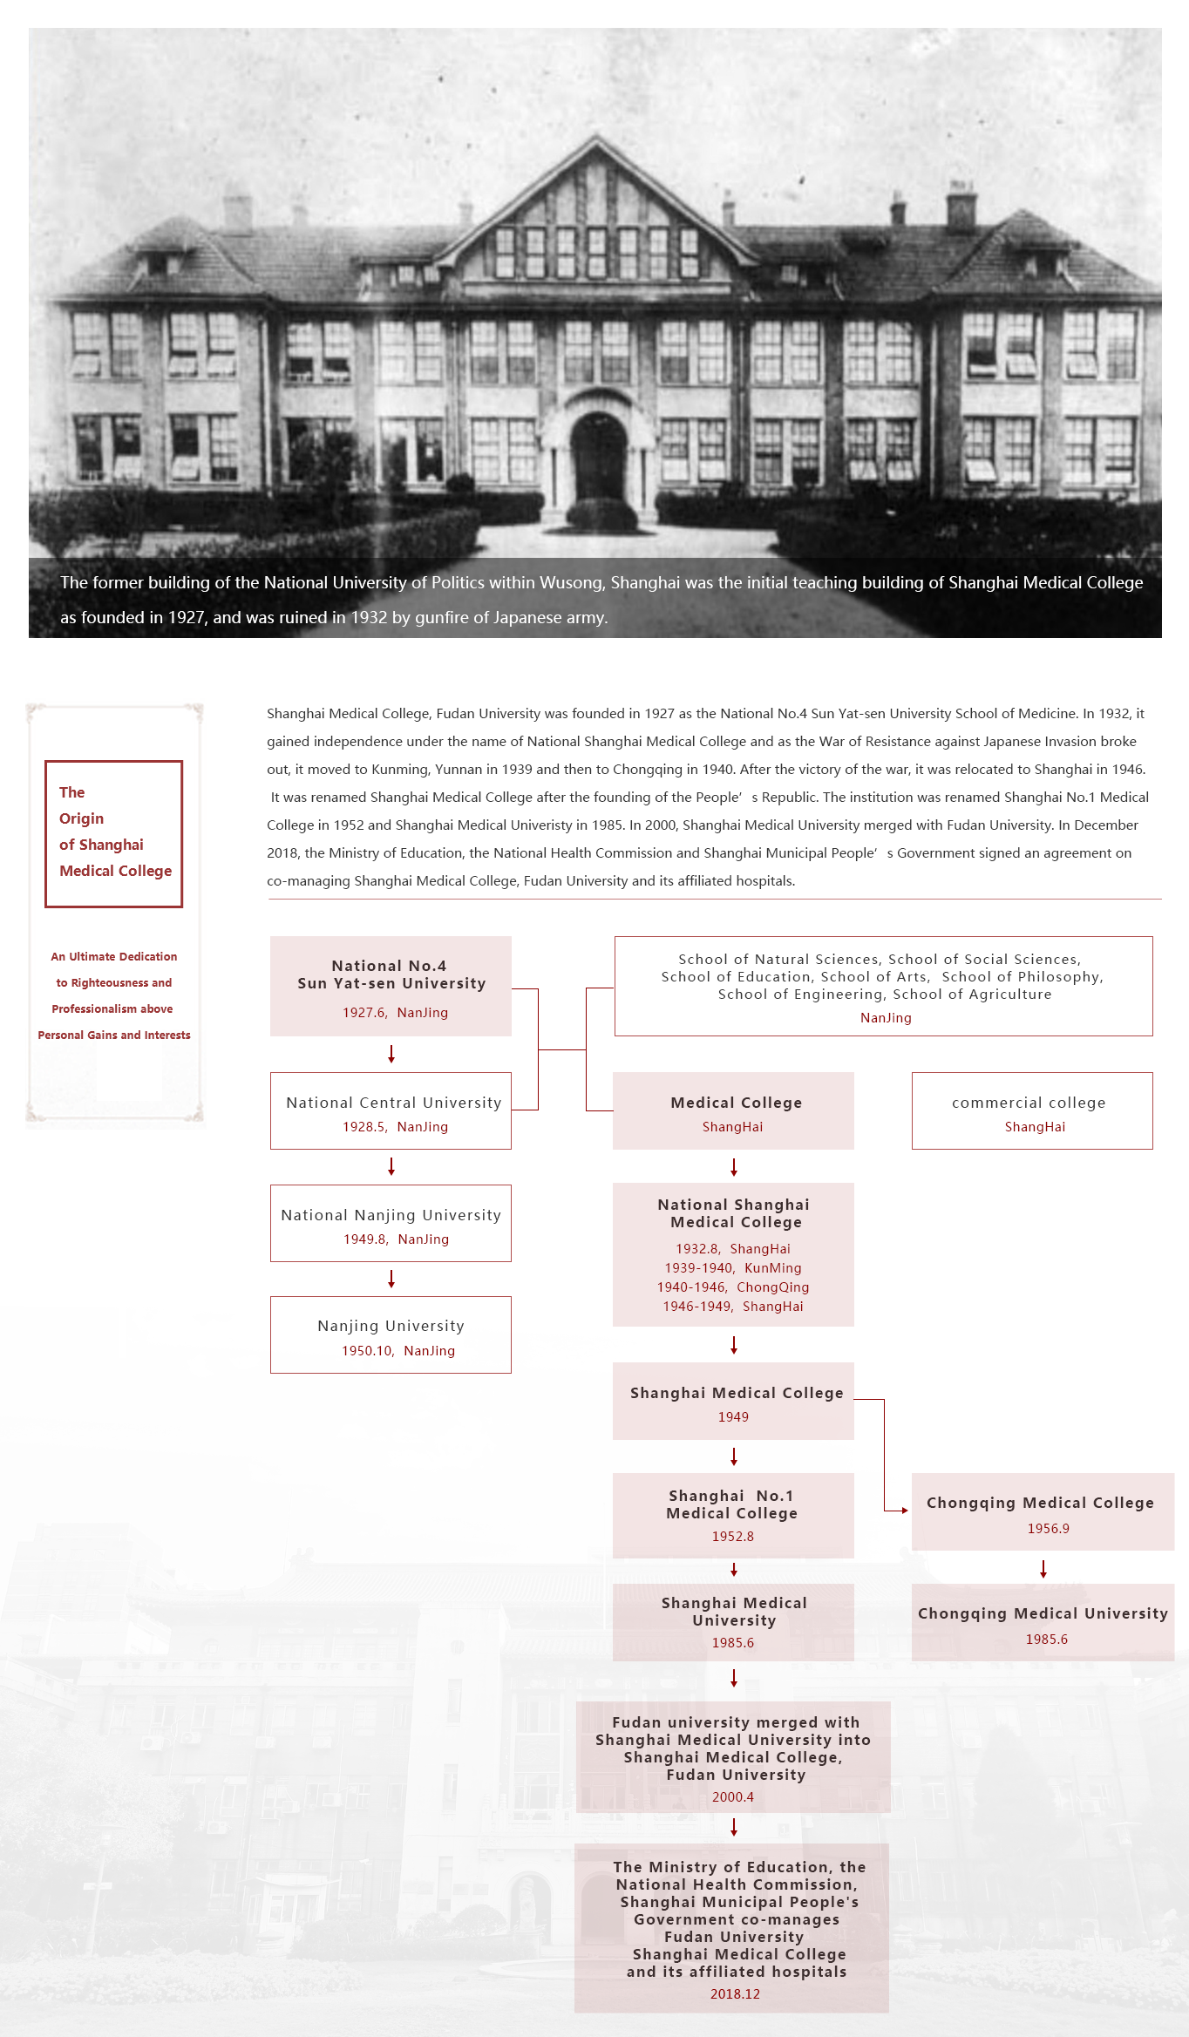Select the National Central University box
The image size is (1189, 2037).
(x=391, y=1110)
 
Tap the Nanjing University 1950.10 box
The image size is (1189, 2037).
(x=391, y=1334)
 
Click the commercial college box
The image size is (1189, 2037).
(x=1032, y=1110)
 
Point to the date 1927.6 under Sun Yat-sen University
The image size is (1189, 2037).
(x=364, y=1013)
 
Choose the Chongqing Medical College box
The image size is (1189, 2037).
(x=1043, y=1511)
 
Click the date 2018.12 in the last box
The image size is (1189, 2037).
(x=735, y=1994)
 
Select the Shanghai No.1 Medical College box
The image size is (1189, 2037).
(x=733, y=1515)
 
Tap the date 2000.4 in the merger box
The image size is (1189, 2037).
(x=733, y=1797)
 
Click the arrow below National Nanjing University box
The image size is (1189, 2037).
(x=391, y=1279)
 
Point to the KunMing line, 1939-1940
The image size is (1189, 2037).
(x=733, y=1268)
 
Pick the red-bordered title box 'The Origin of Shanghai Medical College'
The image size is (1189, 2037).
(x=114, y=833)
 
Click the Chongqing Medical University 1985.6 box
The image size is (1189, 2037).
(x=1043, y=1622)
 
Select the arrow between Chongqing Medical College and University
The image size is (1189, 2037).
(x=1043, y=1569)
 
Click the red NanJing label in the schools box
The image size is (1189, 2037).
(x=886, y=1018)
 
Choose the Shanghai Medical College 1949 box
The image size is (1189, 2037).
(x=733, y=1401)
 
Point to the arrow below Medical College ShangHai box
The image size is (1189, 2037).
(x=734, y=1167)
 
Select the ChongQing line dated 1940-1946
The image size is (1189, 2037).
(x=733, y=1287)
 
